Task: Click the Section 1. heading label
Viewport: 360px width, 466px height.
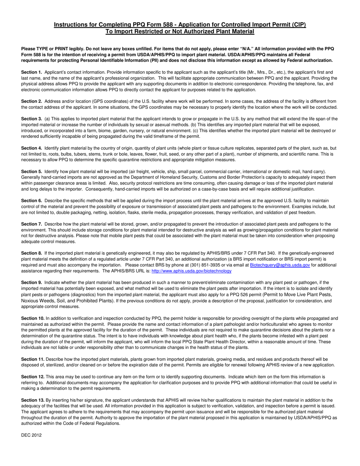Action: [x=31, y=72]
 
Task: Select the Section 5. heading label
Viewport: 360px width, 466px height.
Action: [x=31, y=172]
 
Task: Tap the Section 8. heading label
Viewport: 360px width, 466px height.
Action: [x=31, y=253]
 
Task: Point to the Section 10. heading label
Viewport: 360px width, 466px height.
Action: [x=33, y=319]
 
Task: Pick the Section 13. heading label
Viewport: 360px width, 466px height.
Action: [x=33, y=400]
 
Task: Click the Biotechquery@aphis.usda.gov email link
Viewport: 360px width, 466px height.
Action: [x=280, y=265]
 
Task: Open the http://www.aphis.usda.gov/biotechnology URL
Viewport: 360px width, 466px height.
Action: [x=191, y=271]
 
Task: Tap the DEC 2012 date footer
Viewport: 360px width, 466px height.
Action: [x=31, y=435]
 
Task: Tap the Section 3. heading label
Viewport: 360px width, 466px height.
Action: [x=31, y=119]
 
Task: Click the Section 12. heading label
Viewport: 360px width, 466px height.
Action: [x=33, y=377]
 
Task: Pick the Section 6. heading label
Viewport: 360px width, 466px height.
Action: [x=31, y=200]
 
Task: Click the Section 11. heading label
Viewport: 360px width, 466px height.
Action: [x=33, y=359]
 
